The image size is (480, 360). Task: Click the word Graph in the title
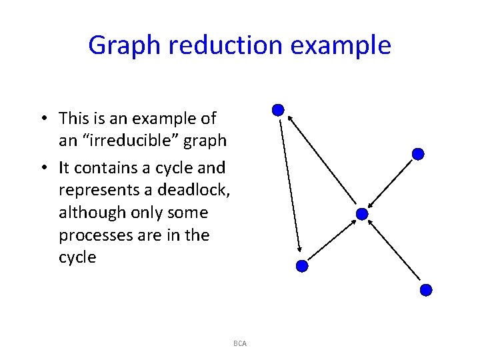123,45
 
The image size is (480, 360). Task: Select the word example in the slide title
351,45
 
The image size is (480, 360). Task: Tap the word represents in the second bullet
105,190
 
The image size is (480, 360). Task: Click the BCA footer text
240,343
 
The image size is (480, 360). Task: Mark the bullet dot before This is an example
41,119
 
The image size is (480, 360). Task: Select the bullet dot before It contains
41,168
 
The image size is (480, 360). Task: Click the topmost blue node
279,110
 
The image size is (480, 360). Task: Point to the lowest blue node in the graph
427,290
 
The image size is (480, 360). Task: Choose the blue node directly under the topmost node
302,265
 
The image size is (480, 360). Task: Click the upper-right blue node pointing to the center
418,154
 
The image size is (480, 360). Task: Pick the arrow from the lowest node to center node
395,253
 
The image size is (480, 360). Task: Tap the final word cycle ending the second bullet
77,258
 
